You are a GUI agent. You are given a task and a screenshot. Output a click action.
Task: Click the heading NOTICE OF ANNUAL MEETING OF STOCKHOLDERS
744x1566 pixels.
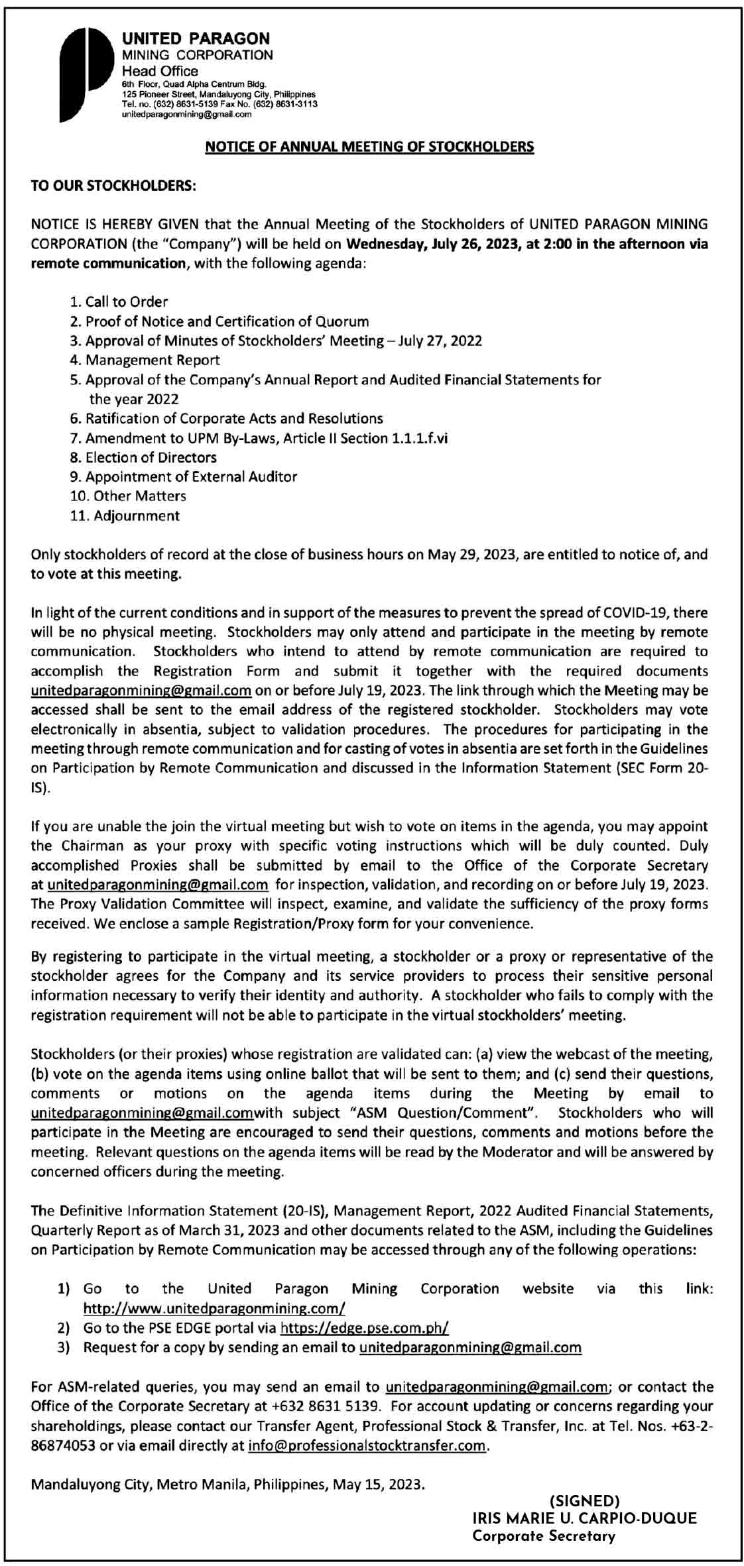(x=369, y=146)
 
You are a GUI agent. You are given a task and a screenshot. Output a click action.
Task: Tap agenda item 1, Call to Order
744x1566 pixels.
(x=119, y=302)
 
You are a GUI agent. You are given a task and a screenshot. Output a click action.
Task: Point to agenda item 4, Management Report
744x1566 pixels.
(x=145, y=360)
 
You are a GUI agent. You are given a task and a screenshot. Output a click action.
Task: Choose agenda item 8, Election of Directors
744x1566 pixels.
(x=143, y=457)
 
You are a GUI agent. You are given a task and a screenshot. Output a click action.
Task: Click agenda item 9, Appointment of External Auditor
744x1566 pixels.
(x=184, y=476)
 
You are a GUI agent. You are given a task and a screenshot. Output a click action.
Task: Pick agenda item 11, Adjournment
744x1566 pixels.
(x=125, y=516)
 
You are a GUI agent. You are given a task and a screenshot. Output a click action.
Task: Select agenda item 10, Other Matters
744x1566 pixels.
(x=128, y=496)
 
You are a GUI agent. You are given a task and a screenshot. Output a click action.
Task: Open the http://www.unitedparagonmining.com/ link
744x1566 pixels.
(x=214, y=1308)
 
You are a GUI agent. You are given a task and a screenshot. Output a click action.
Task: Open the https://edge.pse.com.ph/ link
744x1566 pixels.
(x=365, y=1327)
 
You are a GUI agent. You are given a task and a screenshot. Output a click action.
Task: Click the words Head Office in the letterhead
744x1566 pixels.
(x=160, y=71)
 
